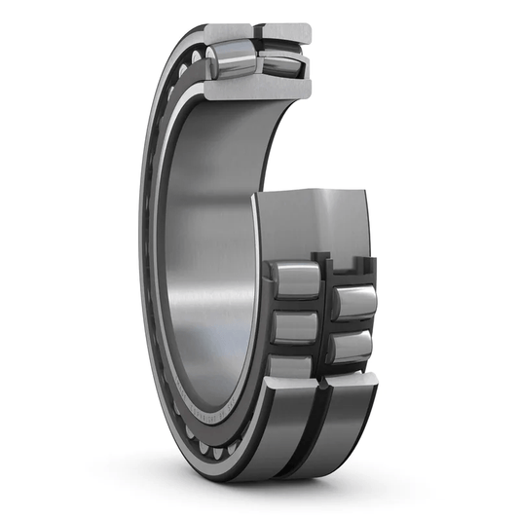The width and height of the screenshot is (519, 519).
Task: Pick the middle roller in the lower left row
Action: [x=294, y=325]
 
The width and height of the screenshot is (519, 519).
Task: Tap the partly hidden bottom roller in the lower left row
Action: [x=292, y=365]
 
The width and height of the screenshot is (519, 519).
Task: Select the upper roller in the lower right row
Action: [x=356, y=301]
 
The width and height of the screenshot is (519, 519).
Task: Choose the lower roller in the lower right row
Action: [x=353, y=346]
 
